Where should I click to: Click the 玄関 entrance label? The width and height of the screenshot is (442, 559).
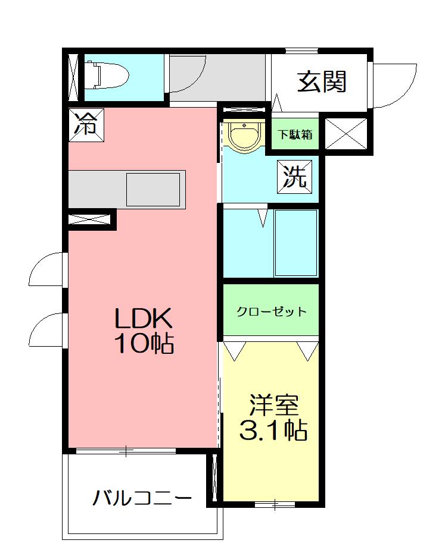pos(322,82)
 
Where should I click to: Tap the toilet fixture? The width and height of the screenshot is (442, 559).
pos(107,75)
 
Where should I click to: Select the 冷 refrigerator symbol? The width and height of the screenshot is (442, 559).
pos(86,125)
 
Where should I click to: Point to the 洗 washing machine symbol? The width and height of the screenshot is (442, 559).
pos(294,177)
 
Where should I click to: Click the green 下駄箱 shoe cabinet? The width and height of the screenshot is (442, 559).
pos(295,134)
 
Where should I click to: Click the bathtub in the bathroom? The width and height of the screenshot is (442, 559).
pos(296,243)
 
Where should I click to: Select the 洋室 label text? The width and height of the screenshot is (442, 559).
pos(274,405)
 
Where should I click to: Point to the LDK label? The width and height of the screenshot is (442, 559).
pos(144,318)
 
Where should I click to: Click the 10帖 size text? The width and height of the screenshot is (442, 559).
pos(144,343)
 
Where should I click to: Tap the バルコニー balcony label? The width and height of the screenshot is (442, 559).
pos(142,498)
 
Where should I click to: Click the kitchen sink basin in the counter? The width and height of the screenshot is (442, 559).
pos(153,189)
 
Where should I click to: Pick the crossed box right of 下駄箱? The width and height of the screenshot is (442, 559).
pos(346,134)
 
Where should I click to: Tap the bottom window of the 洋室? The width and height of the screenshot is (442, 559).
pos(275,504)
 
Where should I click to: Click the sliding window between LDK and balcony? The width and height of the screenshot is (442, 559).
pos(126,451)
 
